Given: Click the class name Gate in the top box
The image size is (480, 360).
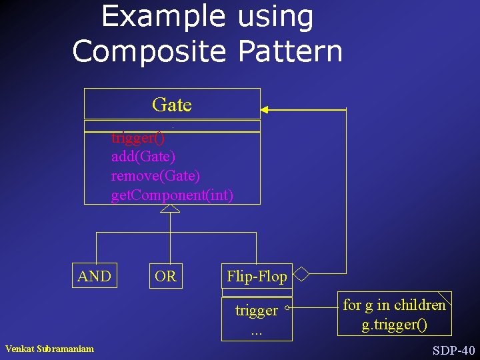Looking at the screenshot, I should [x=171, y=105].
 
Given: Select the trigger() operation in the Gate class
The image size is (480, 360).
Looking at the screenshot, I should [x=138, y=139].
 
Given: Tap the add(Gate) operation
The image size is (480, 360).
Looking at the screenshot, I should [x=143, y=157].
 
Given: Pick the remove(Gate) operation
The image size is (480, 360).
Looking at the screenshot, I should [x=155, y=176].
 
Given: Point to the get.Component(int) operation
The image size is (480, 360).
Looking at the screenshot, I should [x=172, y=195].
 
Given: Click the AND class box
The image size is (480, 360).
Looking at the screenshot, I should [x=95, y=276].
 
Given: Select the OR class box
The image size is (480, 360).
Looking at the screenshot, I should [x=165, y=276].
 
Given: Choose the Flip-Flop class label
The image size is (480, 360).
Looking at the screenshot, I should [x=257, y=276].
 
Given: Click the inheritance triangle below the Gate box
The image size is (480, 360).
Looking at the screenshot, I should [x=171, y=209].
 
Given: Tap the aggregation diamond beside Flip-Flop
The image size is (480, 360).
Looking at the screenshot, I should [x=302, y=274].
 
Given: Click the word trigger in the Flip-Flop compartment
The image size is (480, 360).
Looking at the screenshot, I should [x=257, y=310].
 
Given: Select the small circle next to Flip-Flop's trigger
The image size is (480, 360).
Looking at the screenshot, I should [x=286, y=308].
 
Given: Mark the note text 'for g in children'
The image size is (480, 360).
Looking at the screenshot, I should [x=394, y=305].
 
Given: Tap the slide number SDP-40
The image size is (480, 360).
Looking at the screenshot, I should [x=453, y=350].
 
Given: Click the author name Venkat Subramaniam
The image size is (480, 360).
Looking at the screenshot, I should [x=49, y=349].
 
